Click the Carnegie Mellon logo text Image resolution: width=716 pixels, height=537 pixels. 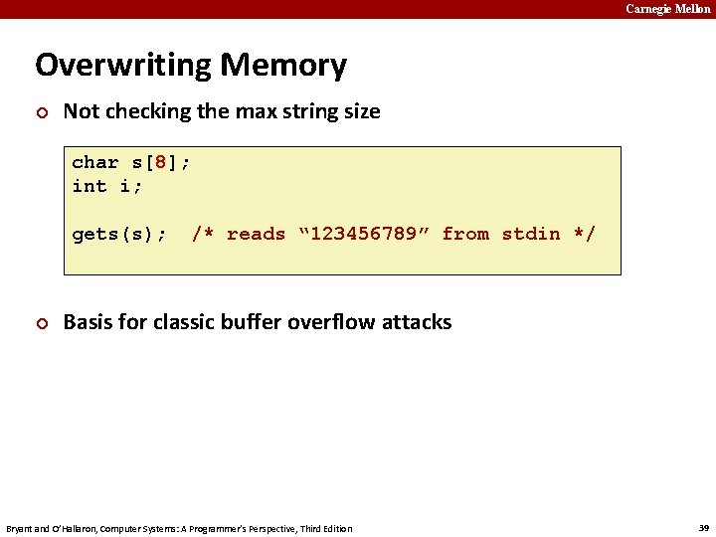point(667,9)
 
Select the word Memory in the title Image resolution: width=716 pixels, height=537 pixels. point(283,66)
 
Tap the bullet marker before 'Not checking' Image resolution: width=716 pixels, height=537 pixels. point(41,112)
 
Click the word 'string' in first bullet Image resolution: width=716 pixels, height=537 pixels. point(312,111)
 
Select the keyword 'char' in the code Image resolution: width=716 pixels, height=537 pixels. point(95,162)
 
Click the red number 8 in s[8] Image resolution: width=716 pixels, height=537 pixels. point(160,162)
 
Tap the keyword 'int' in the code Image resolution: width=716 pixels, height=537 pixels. point(89,186)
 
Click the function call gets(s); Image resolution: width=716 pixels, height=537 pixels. point(119,234)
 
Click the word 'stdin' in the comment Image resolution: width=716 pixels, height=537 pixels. point(531,234)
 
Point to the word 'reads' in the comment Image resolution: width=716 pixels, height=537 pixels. point(256,234)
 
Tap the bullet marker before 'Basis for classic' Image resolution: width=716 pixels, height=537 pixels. point(41,323)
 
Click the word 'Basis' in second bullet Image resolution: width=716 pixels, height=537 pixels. point(88,322)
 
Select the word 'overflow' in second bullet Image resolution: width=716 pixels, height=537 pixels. point(327,322)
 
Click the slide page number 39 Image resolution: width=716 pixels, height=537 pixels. point(704,527)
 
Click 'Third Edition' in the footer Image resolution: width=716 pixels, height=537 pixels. point(325,528)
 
